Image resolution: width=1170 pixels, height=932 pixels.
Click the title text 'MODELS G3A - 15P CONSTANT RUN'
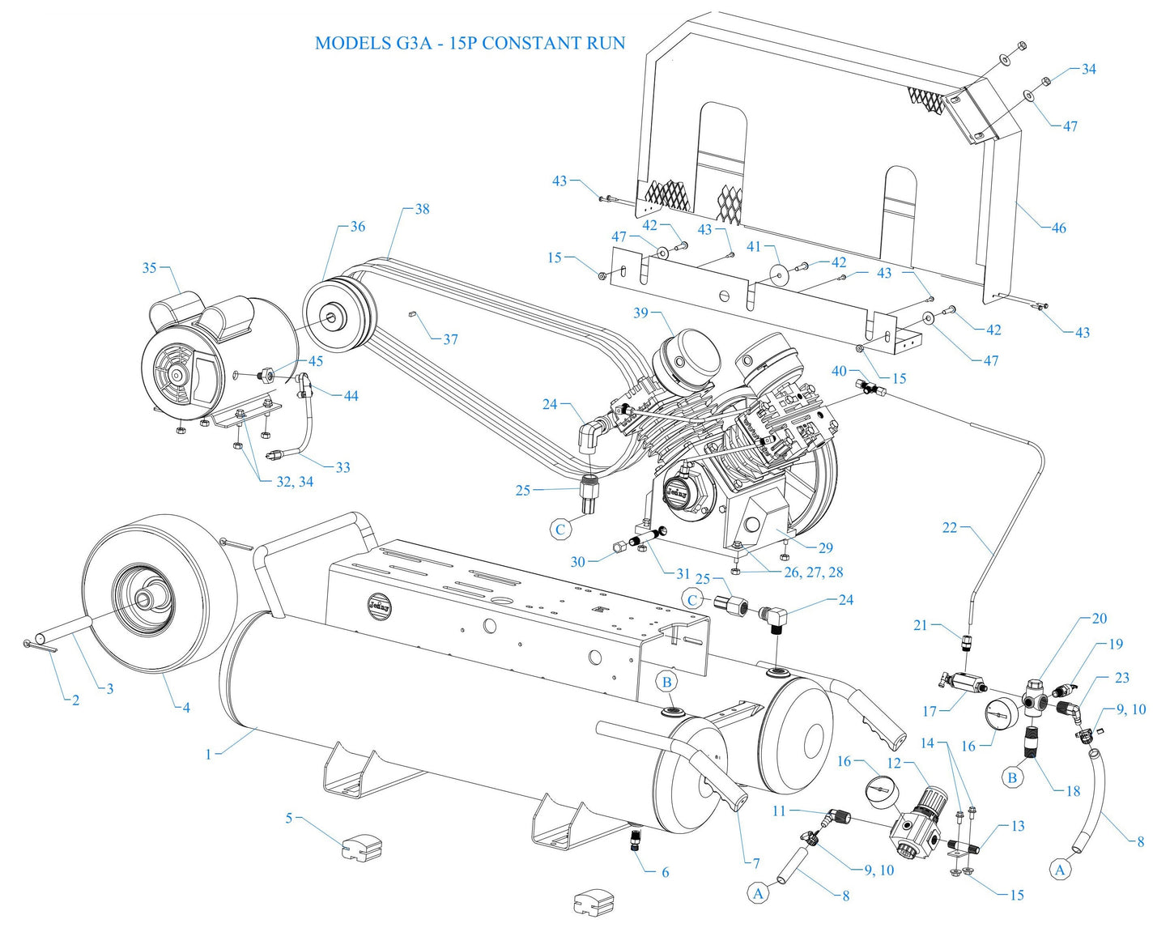(x=470, y=43)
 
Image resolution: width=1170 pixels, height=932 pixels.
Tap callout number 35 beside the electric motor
(x=149, y=267)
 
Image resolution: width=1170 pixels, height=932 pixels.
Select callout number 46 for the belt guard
(x=1058, y=228)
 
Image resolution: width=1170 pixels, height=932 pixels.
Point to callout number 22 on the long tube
(x=950, y=528)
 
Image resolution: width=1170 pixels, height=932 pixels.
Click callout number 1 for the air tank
(x=208, y=754)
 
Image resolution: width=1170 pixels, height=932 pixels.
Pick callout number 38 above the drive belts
(x=422, y=209)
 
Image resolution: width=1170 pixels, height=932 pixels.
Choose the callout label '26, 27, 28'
(x=814, y=572)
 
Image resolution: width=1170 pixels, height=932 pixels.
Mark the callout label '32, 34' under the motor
(x=295, y=482)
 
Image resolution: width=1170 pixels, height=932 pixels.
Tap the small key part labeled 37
(x=412, y=313)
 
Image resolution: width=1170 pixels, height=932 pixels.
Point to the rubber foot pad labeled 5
(x=362, y=846)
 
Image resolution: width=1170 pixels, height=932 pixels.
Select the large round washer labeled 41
(x=781, y=275)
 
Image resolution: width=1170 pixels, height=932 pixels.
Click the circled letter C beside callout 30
(x=560, y=530)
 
